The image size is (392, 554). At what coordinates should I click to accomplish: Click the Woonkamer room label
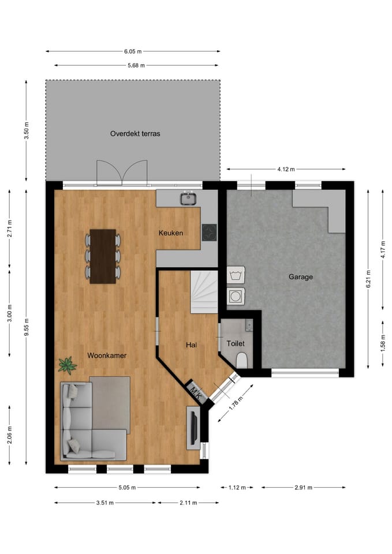[107, 355]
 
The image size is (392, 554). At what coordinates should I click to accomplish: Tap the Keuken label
[171, 233]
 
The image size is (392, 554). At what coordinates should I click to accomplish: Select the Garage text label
[300, 277]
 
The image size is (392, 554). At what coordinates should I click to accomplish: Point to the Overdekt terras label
[135, 133]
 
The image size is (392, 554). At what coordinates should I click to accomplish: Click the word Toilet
[236, 343]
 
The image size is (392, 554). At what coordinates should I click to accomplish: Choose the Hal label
[191, 345]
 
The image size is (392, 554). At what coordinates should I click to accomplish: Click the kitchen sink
[188, 199]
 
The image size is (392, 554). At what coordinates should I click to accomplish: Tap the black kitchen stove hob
[208, 232]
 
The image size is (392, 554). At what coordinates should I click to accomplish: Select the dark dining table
[103, 256]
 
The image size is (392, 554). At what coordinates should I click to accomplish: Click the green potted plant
[68, 365]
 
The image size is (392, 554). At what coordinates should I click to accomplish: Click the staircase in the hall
[204, 291]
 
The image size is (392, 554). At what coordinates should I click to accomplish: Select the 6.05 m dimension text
[132, 51]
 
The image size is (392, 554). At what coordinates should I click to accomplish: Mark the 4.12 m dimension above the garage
[286, 169]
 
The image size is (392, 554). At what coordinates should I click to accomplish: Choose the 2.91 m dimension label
[303, 488]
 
